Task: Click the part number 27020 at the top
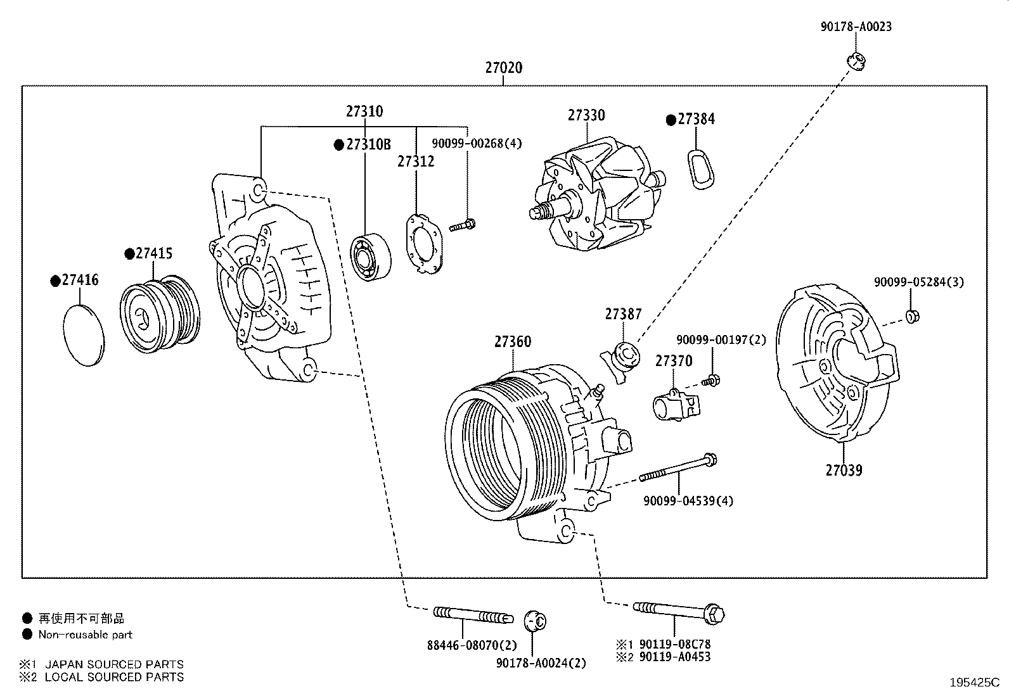click(x=504, y=68)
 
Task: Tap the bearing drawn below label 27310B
click(x=371, y=257)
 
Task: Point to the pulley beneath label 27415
click(x=160, y=313)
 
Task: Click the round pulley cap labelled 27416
click(x=83, y=335)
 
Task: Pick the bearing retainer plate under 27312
click(x=424, y=244)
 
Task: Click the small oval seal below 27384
click(x=700, y=169)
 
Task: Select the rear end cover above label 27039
click(x=837, y=363)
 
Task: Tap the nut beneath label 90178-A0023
click(x=856, y=61)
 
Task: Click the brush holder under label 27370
click(x=676, y=405)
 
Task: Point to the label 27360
click(x=513, y=342)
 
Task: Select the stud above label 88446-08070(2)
click(x=473, y=615)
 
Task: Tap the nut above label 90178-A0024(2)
click(x=535, y=621)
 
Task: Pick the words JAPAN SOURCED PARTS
click(x=115, y=664)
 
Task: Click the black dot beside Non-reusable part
click(x=27, y=635)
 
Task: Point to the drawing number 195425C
click(x=975, y=683)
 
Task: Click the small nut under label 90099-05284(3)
click(x=912, y=317)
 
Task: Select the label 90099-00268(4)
click(x=477, y=144)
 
